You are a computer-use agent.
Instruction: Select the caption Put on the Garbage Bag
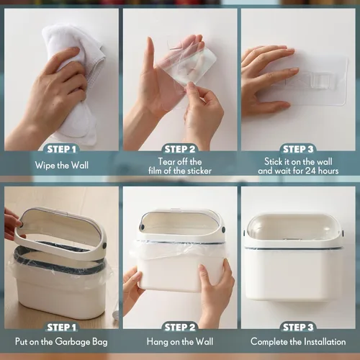[61, 341]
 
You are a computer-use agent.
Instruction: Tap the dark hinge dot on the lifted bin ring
[105, 246]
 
